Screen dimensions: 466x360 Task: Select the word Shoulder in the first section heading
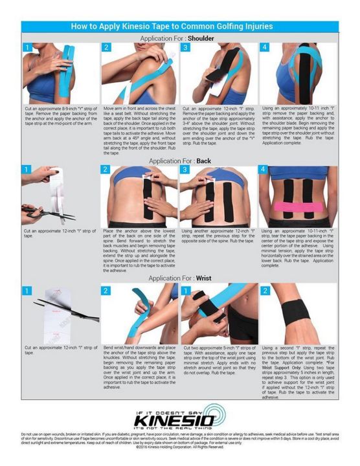pos(201,38)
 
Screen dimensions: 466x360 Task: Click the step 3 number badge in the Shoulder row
pos(185,48)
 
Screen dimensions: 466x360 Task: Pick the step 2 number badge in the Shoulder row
pos(106,48)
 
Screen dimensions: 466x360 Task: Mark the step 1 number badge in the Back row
pos(27,170)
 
